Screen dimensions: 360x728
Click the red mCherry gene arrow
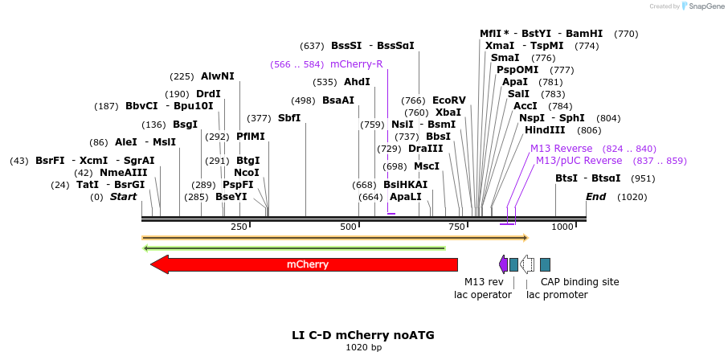point(305,264)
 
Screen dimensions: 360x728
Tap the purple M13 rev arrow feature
point(503,264)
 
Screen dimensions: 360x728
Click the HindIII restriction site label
point(545,130)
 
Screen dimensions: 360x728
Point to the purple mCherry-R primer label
point(356,64)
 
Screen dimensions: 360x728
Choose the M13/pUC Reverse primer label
point(579,161)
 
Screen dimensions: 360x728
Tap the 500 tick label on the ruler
point(348,227)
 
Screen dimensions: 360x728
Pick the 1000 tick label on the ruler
point(562,227)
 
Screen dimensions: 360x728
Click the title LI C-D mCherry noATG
point(363,334)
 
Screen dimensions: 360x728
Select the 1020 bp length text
point(363,347)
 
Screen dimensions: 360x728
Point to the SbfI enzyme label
point(288,118)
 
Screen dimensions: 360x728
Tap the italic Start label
point(123,197)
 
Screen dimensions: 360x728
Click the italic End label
point(595,197)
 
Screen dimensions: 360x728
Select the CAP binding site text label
point(579,282)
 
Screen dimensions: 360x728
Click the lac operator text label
point(482,295)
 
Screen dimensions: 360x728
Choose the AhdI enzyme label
point(357,82)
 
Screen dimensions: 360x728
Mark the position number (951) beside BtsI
point(642,178)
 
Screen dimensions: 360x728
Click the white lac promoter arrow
point(527,264)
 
